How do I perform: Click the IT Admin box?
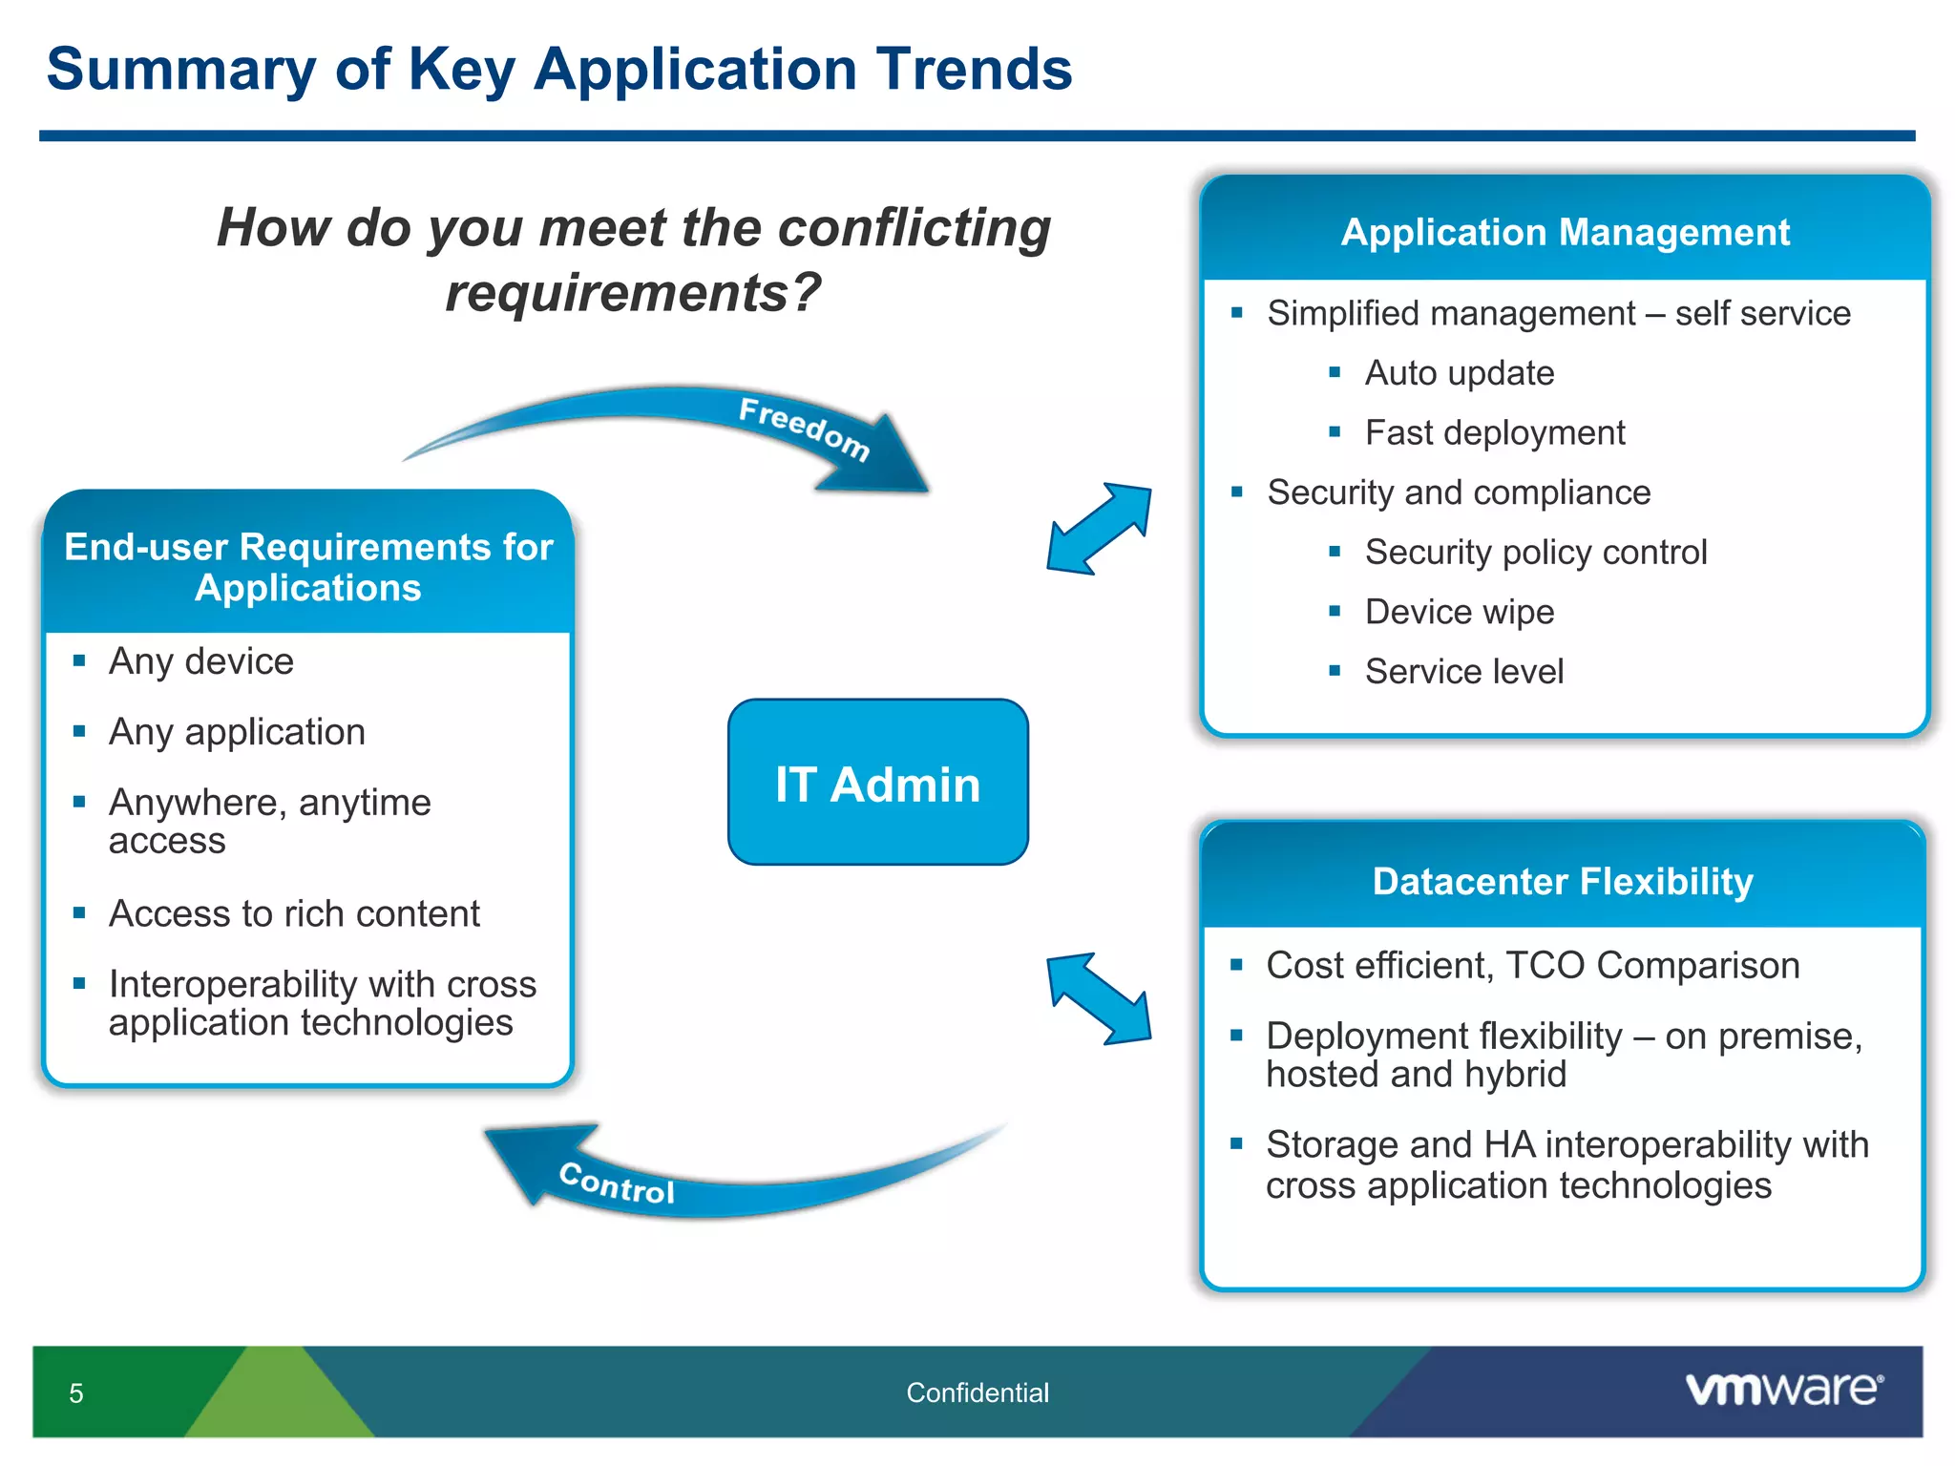coord(877,783)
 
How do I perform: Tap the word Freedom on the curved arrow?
coord(804,429)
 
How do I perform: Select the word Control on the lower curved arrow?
coord(617,1183)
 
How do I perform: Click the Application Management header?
coord(1565,232)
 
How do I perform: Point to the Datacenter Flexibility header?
coord(1563,881)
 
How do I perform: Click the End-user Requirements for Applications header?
coord(308,567)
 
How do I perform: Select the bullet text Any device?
coord(201,660)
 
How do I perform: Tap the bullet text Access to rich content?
coord(294,913)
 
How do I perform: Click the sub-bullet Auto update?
coord(1459,372)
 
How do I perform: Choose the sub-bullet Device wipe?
coord(1459,611)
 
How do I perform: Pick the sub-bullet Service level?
coord(1463,671)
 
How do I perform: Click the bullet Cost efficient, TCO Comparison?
coord(1532,965)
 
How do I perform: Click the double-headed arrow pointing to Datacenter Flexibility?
coord(1100,998)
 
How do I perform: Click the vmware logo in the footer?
coord(1783,1389)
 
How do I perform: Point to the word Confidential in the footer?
coord(977,1393)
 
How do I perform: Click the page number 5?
coord(76,1393)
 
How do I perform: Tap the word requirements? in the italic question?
coord(632,292)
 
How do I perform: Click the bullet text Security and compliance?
coord(1458,492)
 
